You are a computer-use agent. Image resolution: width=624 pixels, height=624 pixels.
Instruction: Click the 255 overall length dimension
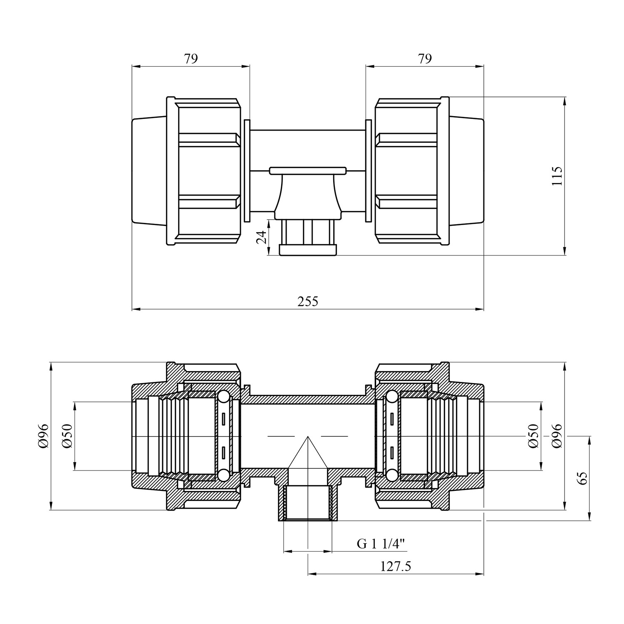point(308,301)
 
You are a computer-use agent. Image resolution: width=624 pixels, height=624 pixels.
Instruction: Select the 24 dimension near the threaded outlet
point(261,238)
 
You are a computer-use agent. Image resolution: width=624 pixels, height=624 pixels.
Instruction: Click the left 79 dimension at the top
point(191,59)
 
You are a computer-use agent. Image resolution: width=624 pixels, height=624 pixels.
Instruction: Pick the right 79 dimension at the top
point(425,59)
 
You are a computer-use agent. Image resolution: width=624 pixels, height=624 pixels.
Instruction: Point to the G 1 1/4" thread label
point(381,543)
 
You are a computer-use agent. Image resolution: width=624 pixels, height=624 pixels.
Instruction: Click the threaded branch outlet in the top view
point(308,237)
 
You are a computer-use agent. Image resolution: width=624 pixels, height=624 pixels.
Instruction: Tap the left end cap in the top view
point(150,171)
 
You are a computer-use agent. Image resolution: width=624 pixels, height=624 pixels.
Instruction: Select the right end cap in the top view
point(466,171)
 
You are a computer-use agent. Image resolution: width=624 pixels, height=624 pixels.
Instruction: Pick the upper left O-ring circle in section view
point(223,397)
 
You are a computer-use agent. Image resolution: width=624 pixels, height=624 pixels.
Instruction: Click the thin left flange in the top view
point(247,171)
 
